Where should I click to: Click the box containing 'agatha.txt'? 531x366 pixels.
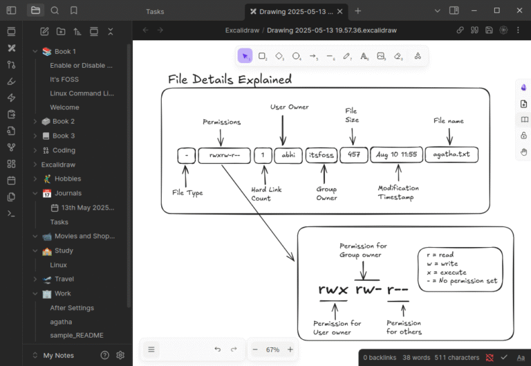[x=451, y=154]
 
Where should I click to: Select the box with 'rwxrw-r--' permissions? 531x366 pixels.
[x=224, y=155]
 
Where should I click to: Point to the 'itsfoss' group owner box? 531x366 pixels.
[x=320, y=155]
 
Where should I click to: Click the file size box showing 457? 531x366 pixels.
[x=353, y=154]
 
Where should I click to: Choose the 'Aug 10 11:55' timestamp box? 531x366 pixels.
[x=396, y=154]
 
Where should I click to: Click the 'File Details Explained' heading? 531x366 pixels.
[x=230, y=79]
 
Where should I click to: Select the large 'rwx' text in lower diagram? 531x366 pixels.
[x=333, y=289]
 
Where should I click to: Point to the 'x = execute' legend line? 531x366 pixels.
[x=445, y=272]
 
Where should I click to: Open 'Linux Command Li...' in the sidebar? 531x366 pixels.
[x=82, y=93]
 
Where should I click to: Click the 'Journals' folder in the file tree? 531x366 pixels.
[x=68, y=193]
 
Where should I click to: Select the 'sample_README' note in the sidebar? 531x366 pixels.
[x=77, y=335]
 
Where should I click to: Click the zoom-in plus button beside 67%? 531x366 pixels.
[x=290, y=349]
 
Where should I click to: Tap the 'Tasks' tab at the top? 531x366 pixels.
[x=155, y=11]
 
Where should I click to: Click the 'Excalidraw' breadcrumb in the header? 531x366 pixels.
[x=241, y=30]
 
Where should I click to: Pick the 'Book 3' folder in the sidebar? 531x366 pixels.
[x=64, y=136]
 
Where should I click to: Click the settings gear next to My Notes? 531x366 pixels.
[x=120, y=355]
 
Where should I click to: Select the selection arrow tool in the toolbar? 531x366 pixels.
[x=245, y=56]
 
